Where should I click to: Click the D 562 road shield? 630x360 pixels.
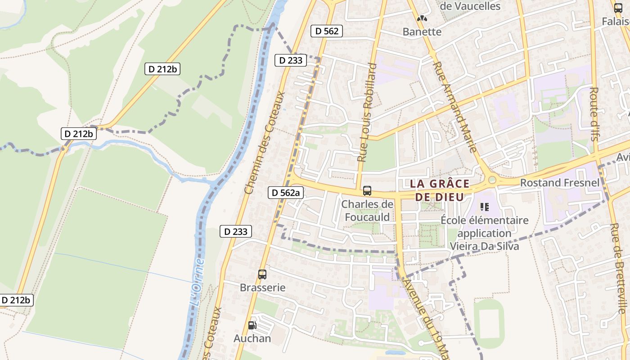pos(327,31)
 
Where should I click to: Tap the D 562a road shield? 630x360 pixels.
pos(286,193)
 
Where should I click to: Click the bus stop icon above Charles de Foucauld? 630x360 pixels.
pos(367,190)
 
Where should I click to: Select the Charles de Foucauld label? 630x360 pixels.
pos(367,210)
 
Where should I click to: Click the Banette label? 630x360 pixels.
pos(422,32)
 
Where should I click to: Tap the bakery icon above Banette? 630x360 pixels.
pos(422,19)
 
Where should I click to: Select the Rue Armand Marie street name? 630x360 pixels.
pos(454,107)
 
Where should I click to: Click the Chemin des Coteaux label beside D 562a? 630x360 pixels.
pos(265,143)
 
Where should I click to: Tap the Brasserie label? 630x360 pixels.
pos(263,287)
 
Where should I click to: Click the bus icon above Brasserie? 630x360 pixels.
pos(262,274)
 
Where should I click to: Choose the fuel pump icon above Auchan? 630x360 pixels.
pos(252,325)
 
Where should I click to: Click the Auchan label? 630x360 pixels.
pos(252,338)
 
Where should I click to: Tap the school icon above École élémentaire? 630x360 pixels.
pos(485,207)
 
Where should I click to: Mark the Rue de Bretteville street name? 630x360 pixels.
pos(618,268)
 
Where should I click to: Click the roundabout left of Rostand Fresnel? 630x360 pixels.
pos(492,180)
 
